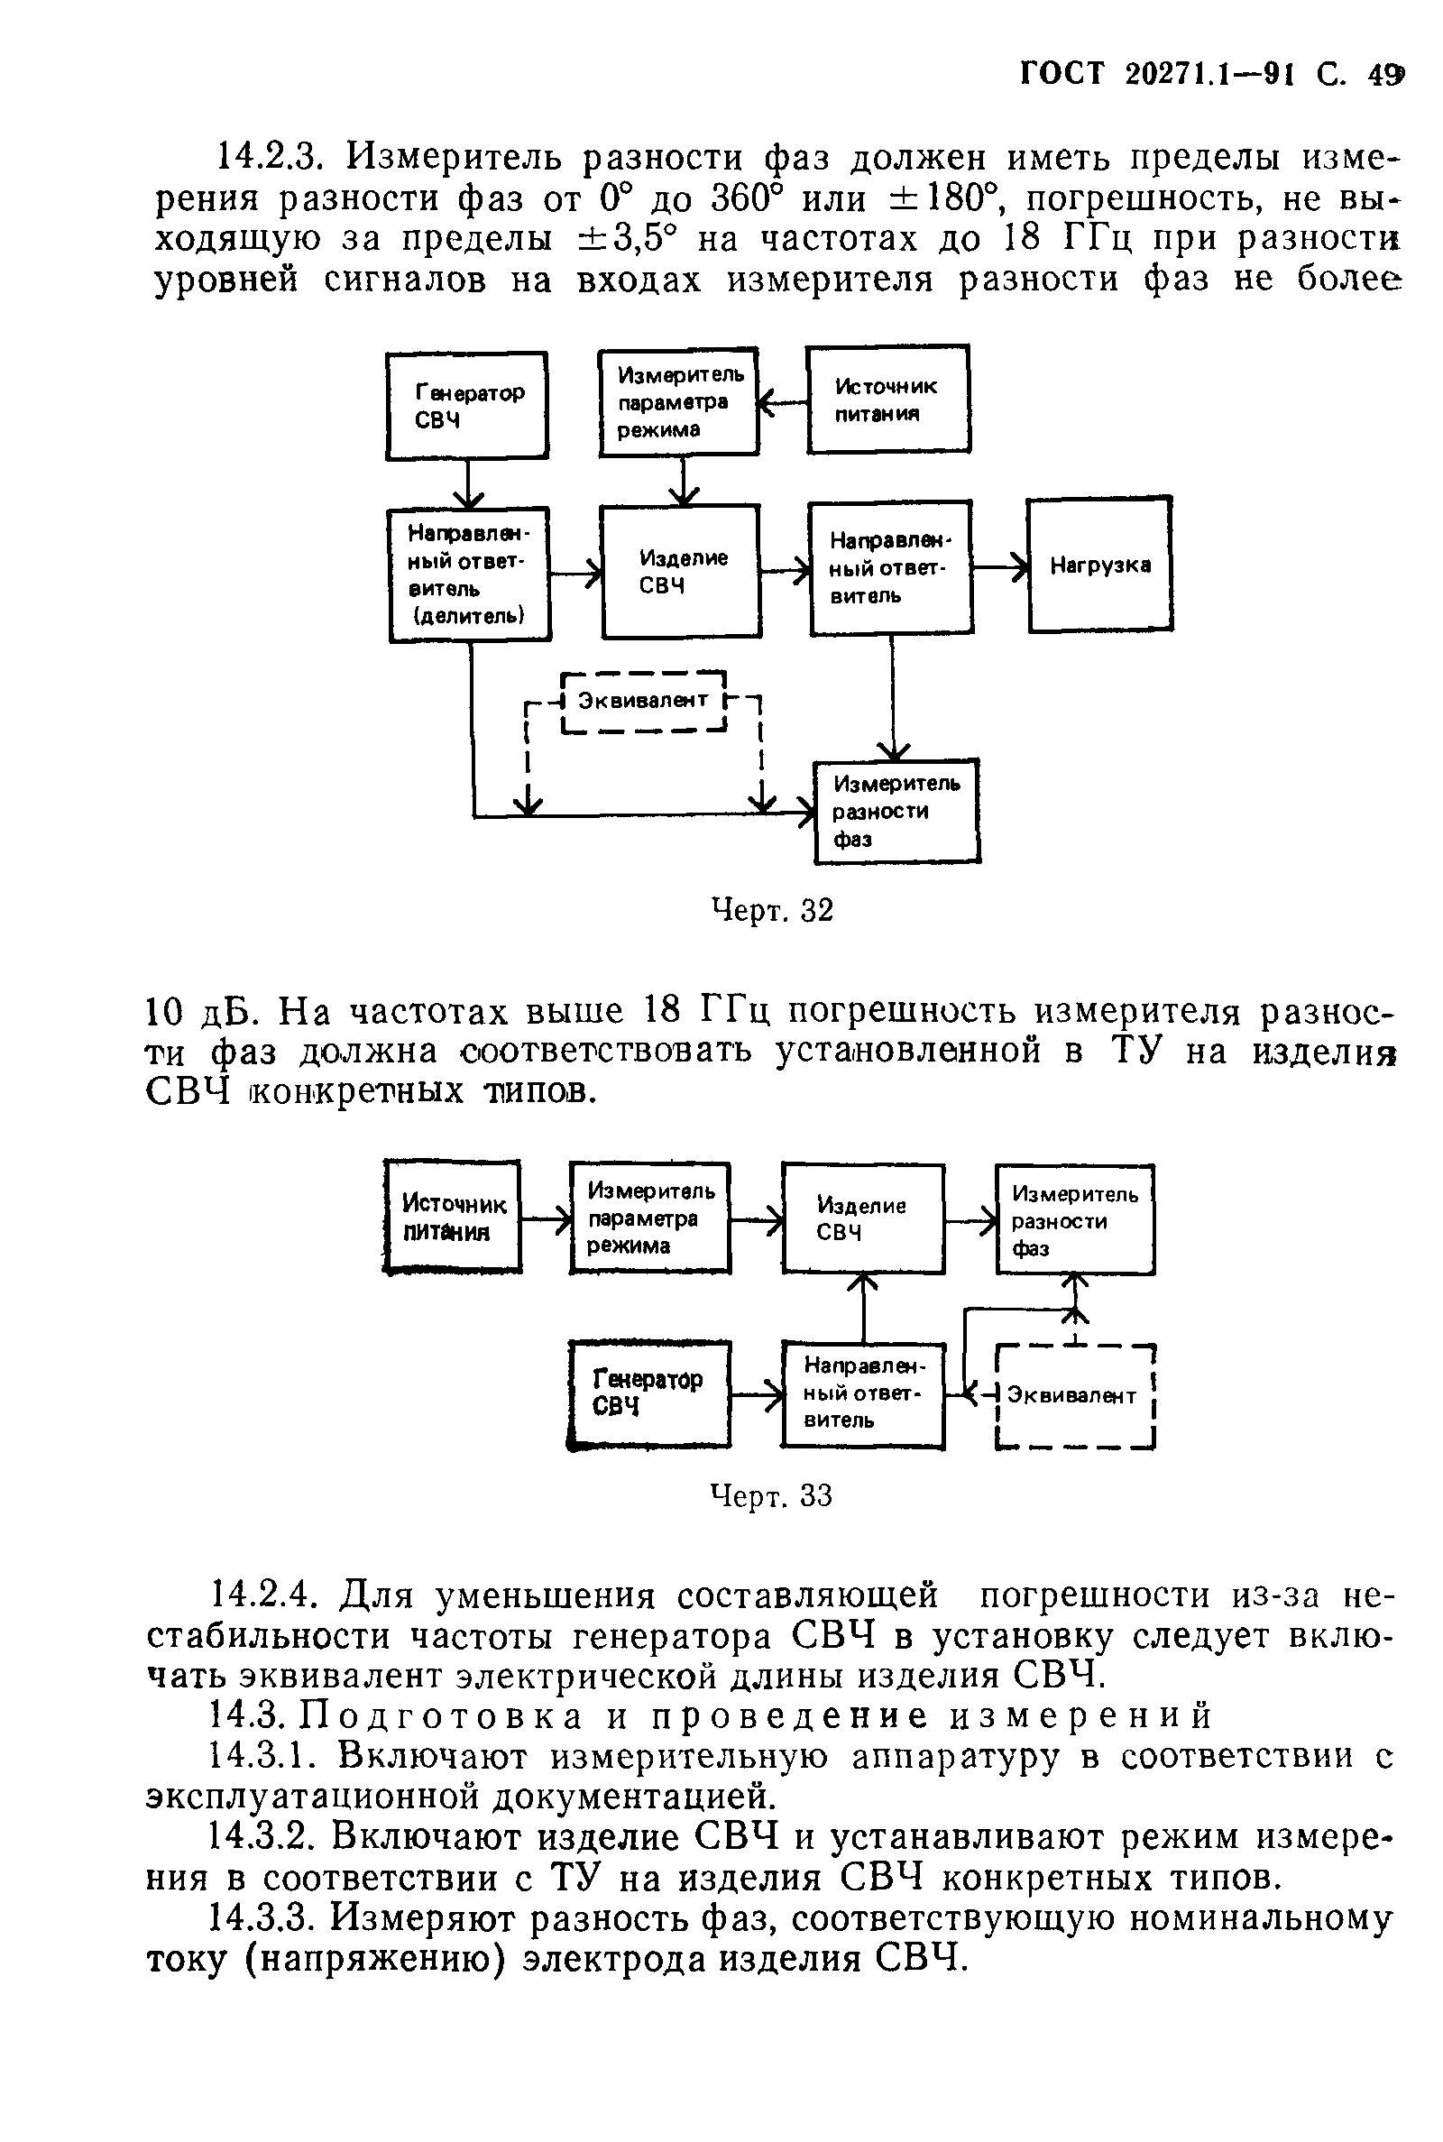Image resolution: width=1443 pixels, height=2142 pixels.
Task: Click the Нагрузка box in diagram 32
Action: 1099,564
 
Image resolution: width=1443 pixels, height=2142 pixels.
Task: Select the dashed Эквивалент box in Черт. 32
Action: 643,701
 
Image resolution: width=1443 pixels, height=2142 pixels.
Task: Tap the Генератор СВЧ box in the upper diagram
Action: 466,406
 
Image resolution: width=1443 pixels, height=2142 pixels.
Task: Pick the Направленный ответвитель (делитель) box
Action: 469,575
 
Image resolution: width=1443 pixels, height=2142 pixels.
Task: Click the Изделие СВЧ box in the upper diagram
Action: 681,572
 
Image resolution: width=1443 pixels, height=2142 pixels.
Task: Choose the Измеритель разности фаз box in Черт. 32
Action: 896,811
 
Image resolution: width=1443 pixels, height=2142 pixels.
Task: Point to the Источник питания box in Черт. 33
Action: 453,1218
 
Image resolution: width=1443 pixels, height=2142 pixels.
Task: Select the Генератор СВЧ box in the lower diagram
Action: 648,1393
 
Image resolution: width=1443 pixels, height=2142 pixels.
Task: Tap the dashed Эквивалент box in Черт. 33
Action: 1073,1396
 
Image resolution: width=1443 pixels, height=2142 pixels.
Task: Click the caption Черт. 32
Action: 772,910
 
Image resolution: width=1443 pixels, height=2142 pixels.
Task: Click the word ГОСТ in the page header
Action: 1063,75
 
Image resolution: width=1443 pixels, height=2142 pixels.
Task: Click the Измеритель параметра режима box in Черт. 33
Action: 648,1218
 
